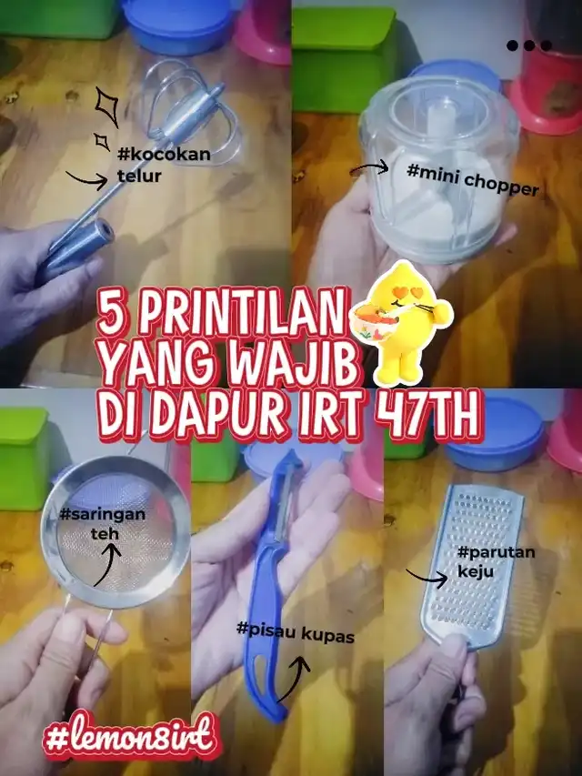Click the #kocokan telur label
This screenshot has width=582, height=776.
pyautogui.click(x=164, y=165)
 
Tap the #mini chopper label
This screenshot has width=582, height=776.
pyautogui.click(x=472, y=180)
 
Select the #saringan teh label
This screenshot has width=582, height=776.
pyautogui.click(x=103, y=524)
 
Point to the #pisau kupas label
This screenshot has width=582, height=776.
pyautogui.click(x=296, y=632)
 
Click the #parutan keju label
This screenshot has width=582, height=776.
pyautogui.click(x=496, y=561)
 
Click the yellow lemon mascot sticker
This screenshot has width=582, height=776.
pyautogui.click(x=402, y=323)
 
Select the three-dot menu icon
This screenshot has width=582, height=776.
pyautogui.click(x=529, y=46)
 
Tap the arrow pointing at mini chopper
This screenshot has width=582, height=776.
pyautogui.click(x=369, y=169)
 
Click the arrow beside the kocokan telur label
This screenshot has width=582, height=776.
pyautogui.click(x=86, y=179)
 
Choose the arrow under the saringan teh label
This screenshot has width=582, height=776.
pyautogui.click(x=108, y=564)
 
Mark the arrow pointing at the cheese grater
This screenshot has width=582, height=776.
pyautogui.click(x=426, y=578)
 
